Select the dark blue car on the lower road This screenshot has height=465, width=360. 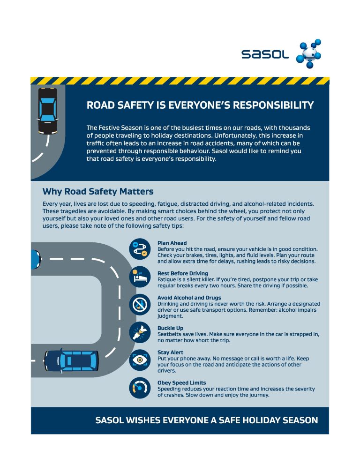[x=72, y=360]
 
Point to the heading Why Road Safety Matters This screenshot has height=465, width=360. [x=98, y=191]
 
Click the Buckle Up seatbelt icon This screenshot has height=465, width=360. [x=139, y=332]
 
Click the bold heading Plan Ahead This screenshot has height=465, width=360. [x=172, y=243]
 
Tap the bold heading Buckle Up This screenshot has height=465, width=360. [x=170, y=328]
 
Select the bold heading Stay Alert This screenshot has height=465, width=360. [x=170, y=352]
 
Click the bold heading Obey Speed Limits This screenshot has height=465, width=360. [x=181, y=383]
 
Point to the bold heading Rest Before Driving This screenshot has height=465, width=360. [x=183, y=273]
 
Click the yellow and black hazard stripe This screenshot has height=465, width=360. [x=180, y=81]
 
